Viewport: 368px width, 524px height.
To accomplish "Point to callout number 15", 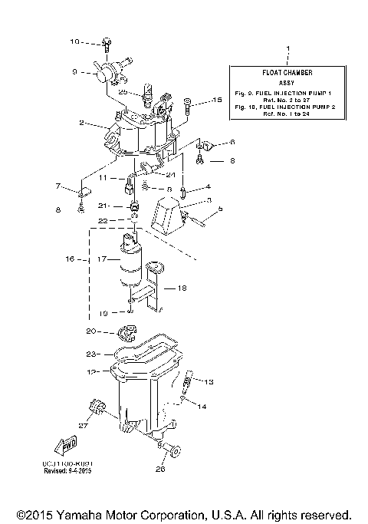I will coord(216,100).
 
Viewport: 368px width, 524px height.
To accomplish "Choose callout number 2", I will coord(80,122).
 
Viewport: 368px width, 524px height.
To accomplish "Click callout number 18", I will coord(182,288).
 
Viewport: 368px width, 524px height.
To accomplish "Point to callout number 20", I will coord(90,331).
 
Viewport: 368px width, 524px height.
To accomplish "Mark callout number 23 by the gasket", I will coord(90,354).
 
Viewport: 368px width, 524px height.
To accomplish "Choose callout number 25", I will coord(123,91).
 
